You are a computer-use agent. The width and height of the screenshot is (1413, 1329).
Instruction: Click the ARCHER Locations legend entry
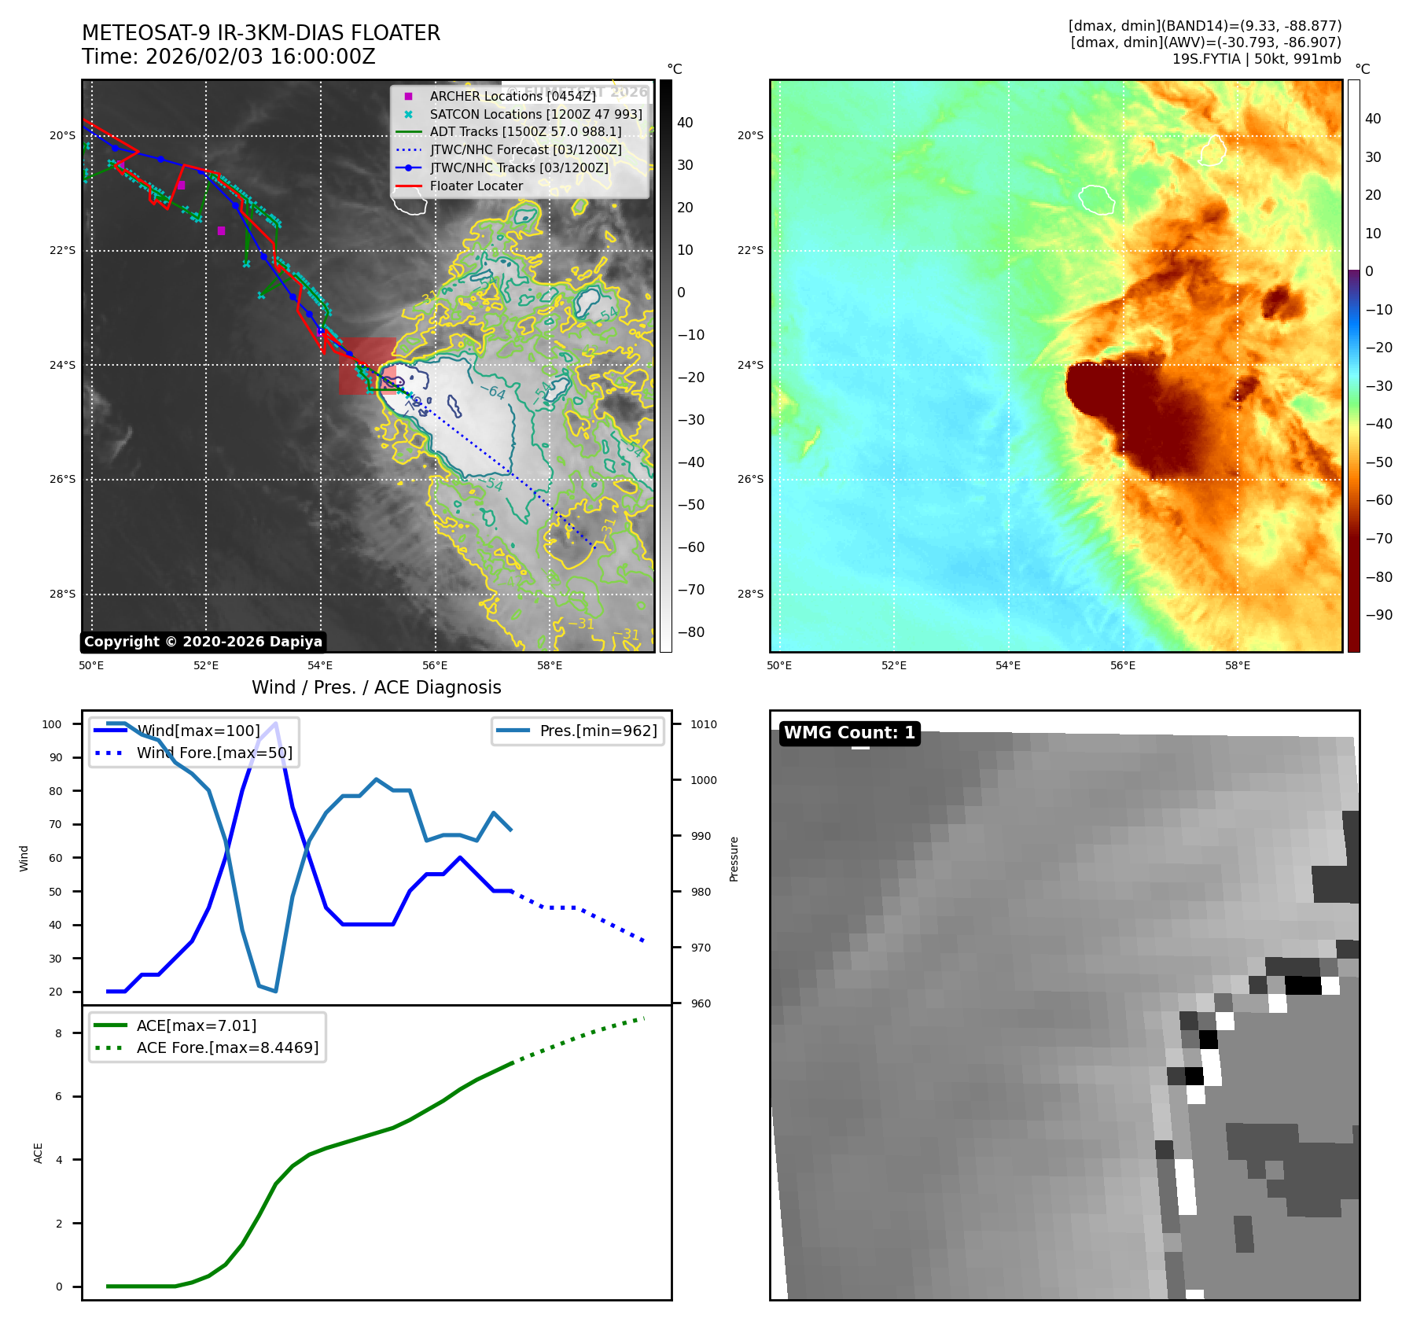click(512, 96)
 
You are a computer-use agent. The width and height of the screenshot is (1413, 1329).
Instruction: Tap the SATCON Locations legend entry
click(535, 114)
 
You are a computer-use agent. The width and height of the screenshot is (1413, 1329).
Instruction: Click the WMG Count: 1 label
click(849, 733)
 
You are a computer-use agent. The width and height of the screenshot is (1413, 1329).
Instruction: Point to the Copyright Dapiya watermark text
click(203, 642)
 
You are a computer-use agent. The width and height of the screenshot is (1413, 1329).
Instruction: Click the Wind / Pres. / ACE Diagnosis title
click(376, 687)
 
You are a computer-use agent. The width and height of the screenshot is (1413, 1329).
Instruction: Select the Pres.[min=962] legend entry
click(598, 731)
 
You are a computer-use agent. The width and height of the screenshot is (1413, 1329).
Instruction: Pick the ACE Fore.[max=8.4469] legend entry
click(227, 1047)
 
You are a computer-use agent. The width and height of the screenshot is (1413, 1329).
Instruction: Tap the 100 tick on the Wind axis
click(52, 724)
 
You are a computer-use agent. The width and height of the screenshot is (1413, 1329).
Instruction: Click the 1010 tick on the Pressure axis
click(704, 724)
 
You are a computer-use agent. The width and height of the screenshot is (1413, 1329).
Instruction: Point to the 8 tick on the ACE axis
click(58, 1033)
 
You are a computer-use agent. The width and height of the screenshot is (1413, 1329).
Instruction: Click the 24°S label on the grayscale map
click(63, 365)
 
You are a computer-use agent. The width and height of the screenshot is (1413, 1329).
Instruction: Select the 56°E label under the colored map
click(1122, 665)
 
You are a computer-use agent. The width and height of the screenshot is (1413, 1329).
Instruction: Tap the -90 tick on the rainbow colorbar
click(1378, 615)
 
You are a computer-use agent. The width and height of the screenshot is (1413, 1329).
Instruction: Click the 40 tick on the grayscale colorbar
click(685, 123)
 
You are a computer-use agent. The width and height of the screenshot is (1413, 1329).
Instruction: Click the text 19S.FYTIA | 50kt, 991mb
click(1256, 59)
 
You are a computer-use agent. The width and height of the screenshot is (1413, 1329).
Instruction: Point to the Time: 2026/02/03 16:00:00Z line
click(229, 57)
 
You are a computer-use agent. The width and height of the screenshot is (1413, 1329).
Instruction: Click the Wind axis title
click(24, 858)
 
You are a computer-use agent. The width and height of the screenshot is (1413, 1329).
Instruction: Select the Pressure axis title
click(734, 858)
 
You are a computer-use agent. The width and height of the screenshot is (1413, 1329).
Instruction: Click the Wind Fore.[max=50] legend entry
click(214, 753)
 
